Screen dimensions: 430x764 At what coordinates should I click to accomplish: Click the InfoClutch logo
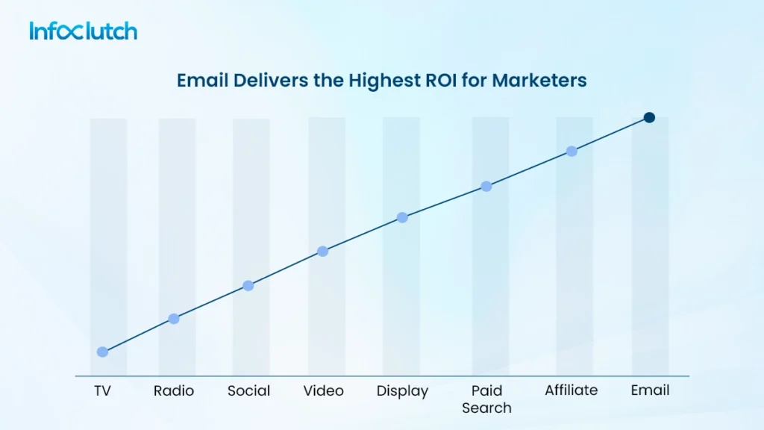[84, 31]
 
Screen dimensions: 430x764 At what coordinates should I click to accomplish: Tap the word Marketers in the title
[539, 81]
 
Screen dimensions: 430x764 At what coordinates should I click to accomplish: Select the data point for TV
[102, 352]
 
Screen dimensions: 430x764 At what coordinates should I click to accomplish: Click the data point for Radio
[174, 319]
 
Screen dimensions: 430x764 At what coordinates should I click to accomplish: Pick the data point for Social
[248, 286]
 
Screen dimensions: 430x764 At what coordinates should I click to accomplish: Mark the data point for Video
[323, 251]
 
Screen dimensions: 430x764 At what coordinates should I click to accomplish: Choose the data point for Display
[402, 217]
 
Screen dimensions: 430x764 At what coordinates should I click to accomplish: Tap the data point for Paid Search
[486, 186]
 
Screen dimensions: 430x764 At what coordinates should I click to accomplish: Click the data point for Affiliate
[572, 151]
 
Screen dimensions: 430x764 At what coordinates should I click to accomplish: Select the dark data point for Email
[649, 117]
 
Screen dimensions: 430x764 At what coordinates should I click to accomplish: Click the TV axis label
[102, 390]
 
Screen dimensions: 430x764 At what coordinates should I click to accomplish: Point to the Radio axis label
[174, 390]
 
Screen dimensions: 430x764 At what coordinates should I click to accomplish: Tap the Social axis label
[248, 390]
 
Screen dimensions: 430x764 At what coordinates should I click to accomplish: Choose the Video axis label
[323, 390]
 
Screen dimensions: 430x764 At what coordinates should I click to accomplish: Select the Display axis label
[402, 391]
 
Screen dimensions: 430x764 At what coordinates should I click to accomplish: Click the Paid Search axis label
[486, 399]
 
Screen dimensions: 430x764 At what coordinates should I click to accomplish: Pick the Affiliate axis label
[572, 390]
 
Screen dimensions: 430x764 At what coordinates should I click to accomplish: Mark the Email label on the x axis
[650, 390]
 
